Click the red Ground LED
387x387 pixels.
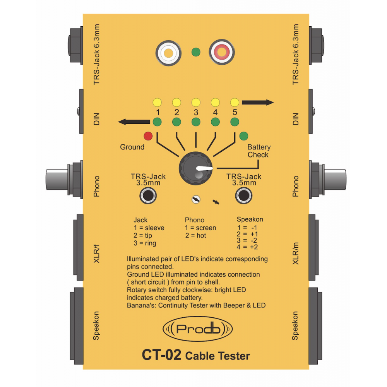coord(148,136)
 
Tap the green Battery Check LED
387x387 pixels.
coord(244,136)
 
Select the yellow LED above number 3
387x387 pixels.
coord(196,103)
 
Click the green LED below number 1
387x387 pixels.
coord(157,122)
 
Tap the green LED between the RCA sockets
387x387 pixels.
coord(196,52)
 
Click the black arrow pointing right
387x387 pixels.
coord(258,103)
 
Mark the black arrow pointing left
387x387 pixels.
coord(134,122)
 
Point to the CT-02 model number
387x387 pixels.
coord(161,355)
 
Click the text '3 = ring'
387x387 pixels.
coord(145,243)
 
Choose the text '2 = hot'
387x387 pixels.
coord(195,236)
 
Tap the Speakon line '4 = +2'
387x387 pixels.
coord(248,247)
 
